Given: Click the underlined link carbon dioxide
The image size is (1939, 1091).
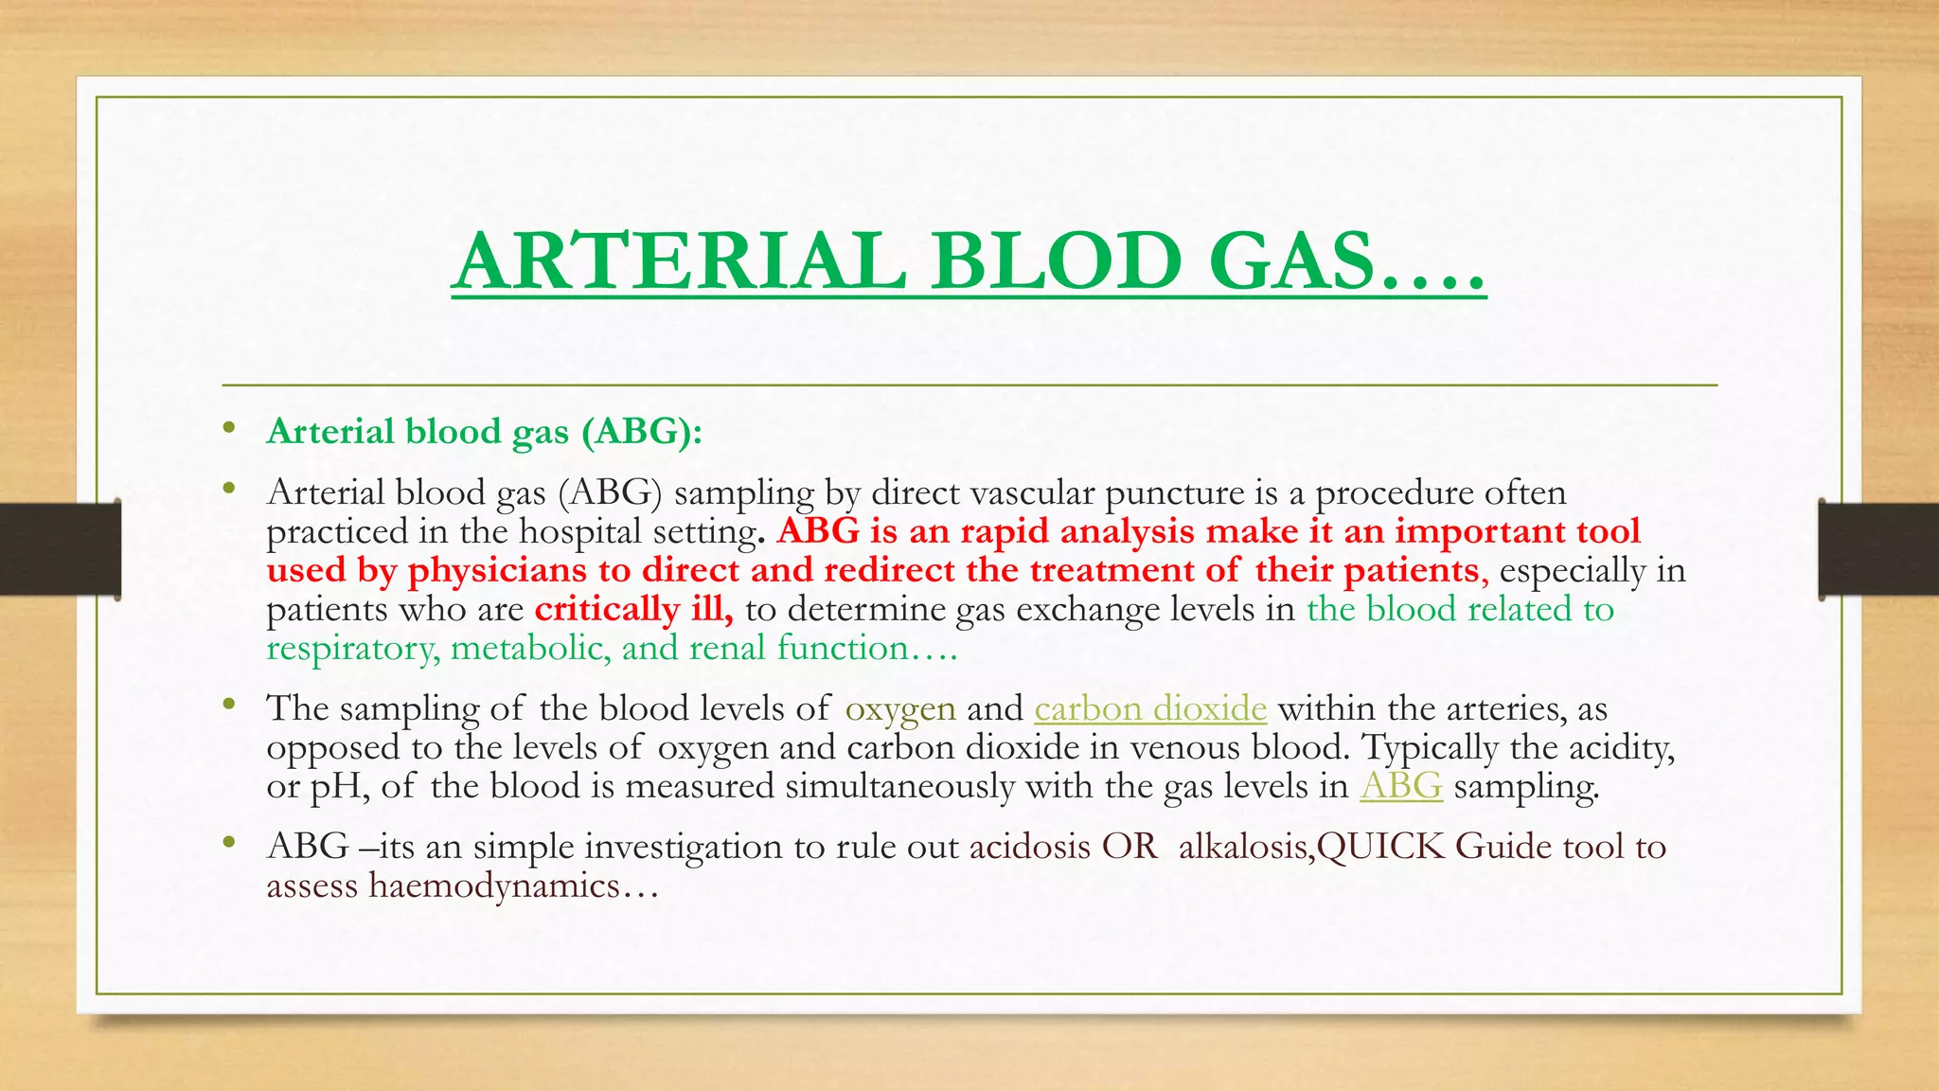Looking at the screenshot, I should point(1149,708).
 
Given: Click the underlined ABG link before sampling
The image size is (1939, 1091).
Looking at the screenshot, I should point(1400,786).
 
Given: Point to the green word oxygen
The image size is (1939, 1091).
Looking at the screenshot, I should point(899,709).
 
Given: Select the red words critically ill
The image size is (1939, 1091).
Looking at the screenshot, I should point(633,609).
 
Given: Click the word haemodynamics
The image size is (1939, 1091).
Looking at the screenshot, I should point(493,885).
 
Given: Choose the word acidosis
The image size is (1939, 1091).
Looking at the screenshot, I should point(1029,847).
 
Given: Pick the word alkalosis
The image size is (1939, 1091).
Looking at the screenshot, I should point(1243,847).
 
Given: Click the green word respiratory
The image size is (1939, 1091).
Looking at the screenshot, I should point(351,649).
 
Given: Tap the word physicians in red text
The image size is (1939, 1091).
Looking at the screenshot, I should point(497,570).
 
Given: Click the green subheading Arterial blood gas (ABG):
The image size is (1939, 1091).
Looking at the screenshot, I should point(484,432).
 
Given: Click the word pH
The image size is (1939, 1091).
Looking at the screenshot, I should point(337,787).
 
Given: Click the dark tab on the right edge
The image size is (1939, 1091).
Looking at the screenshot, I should point(1878,549).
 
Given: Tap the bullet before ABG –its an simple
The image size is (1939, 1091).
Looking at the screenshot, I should point(228,842).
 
